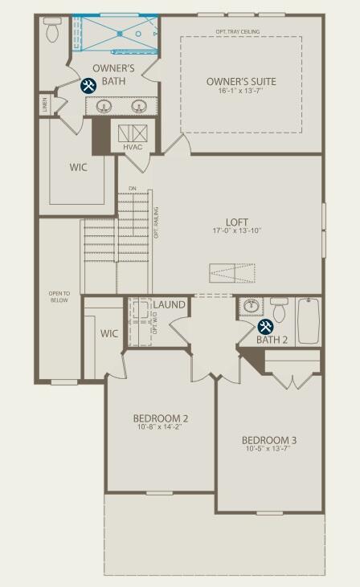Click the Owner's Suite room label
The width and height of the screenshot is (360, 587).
(241, 81)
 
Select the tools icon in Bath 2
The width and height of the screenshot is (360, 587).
(265, 327)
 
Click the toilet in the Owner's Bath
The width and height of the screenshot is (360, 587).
(54, 31)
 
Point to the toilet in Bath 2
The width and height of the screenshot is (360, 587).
(279, 309)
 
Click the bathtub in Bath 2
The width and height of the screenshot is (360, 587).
(309, 320)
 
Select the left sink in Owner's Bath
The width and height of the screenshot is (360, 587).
(104, 106)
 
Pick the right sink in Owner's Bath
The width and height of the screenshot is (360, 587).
(139, 106)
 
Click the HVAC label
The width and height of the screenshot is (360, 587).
(133, 147)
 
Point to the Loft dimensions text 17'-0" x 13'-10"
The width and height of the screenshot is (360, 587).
(237, 231)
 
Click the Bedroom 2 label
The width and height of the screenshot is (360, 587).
(161, 418)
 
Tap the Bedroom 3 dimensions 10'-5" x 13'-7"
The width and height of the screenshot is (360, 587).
(269, 450)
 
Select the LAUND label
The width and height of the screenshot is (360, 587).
(169, 305)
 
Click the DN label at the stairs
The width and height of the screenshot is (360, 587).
(133, 189)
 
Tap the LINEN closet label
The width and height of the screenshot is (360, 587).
(43, 104)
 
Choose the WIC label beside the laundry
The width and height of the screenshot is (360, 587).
(109, 333)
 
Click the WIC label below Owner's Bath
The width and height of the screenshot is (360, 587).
(78, 167)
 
